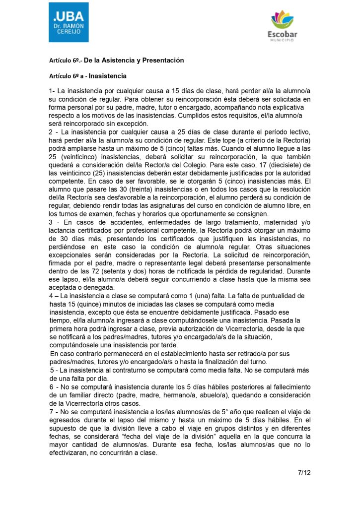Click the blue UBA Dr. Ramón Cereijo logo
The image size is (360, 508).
pyautogui.click(x=69, y=22)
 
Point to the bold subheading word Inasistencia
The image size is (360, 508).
pyautogui.click(x=108, y=76)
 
